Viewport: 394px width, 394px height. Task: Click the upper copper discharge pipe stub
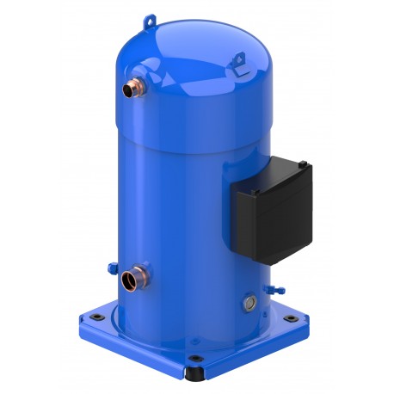(x=131, y=88)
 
